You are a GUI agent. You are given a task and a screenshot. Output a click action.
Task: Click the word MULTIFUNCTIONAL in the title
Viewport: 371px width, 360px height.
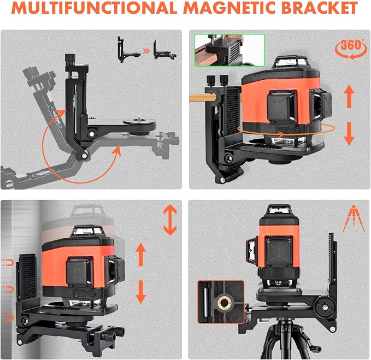coord(94,8)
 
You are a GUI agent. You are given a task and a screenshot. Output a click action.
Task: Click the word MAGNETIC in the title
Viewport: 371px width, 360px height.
coord(229,8)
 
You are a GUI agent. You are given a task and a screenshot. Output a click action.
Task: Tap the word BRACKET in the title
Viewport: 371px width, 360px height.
coord(319,8)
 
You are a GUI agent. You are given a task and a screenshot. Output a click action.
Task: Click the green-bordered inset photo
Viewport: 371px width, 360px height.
coord(229,50)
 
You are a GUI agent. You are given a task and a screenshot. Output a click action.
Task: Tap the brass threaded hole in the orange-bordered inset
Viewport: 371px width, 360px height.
coord(223,302)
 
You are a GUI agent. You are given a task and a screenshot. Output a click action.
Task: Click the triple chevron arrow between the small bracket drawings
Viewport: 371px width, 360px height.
coord(146,51)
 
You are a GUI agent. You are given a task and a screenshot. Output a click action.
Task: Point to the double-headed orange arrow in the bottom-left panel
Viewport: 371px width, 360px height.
coord(170,220)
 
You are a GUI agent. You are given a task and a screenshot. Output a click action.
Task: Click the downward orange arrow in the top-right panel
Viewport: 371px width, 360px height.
coord(349,134)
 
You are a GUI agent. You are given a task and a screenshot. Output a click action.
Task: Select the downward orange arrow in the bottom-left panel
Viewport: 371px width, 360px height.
coord(141,292)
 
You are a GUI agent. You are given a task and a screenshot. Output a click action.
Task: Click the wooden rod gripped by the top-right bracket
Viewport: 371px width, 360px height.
coord(202,97)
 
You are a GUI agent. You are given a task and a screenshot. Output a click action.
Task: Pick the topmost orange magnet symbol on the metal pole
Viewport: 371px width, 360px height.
coord(8,262)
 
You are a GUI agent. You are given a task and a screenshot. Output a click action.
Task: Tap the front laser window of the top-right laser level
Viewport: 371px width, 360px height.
coord(281,105)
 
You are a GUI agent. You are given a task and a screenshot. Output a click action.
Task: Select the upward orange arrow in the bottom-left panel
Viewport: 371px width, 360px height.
coord(141,255)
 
